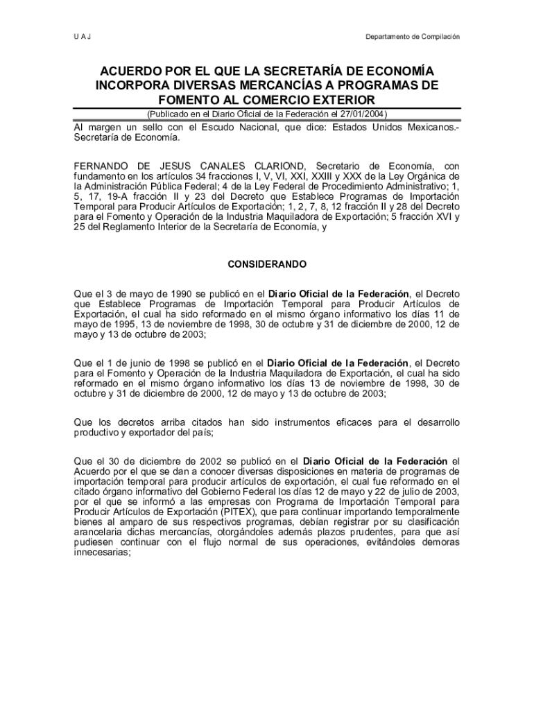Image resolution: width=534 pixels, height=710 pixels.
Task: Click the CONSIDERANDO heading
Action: coord(267,265)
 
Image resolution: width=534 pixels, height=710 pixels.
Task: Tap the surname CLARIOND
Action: coord(279,166)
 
